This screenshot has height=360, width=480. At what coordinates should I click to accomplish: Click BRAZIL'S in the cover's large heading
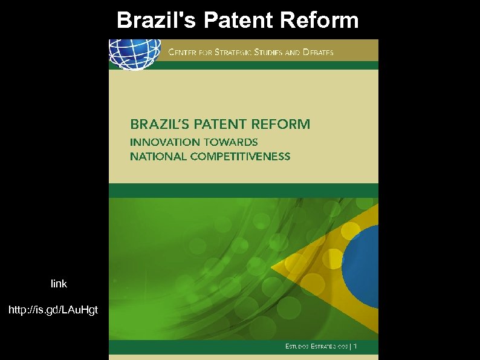tap(159, 125)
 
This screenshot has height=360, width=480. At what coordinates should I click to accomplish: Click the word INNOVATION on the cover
tap(164, 142)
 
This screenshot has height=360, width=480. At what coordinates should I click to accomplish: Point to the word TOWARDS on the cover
tap(230, 142)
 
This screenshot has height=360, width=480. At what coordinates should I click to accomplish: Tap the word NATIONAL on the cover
tap(158, 156)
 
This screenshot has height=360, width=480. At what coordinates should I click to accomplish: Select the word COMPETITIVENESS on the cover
tap(240, 156)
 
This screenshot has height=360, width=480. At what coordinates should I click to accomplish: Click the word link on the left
tap(59, 283)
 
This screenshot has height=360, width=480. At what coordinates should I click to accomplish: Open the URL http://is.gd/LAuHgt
tap(53, 310)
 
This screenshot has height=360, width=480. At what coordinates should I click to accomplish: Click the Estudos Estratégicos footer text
tap(320, 347)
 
